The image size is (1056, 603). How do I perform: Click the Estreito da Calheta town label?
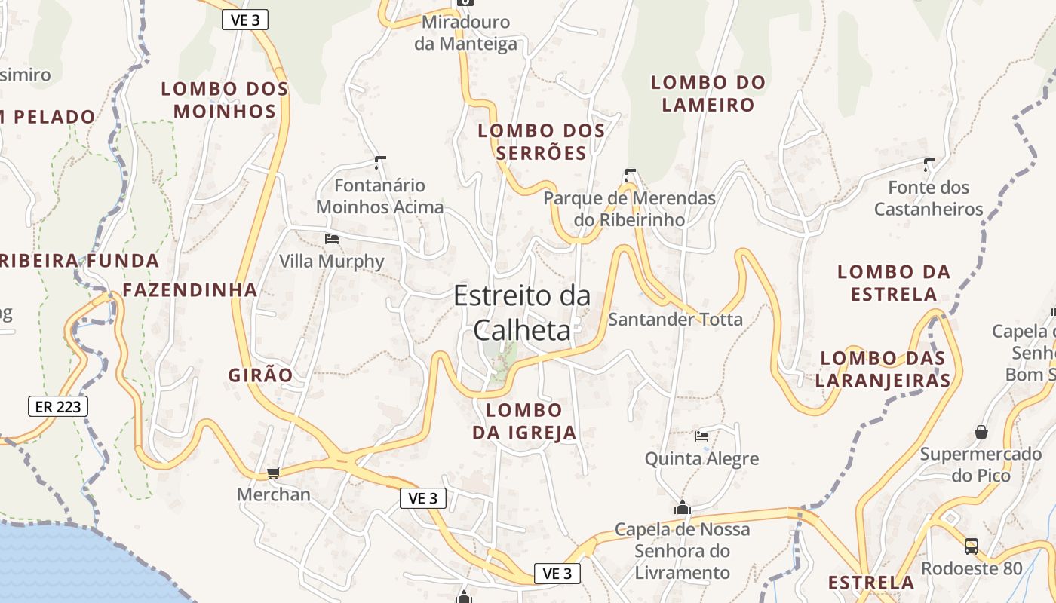[522, 313]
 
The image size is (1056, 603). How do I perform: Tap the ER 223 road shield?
[58, 406]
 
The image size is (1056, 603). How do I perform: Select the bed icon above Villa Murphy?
[331, 239]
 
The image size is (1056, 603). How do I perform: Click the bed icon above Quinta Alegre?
[701, 436]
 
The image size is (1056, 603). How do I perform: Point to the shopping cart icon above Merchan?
[273, 473]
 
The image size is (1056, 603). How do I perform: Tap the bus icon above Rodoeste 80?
[972, 546]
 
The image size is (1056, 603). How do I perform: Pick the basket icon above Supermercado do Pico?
[981, 432]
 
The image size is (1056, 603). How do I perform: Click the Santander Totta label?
[675, 320]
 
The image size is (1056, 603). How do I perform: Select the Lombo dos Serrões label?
[542, 142]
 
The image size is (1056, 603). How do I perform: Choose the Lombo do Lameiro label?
[708, 93]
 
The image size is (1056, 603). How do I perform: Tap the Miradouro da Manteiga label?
[465, 32]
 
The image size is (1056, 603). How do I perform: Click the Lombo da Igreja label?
[524, 421]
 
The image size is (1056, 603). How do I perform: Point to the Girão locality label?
[260, 375]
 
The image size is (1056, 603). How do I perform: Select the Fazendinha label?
[190, 290]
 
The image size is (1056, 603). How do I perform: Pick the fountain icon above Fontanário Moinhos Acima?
[380, 161]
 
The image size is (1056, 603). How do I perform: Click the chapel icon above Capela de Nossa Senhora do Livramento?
[683, 507]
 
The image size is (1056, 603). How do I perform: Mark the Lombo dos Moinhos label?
[225, 100]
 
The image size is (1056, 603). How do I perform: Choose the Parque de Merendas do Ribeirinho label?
[629, 209]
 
